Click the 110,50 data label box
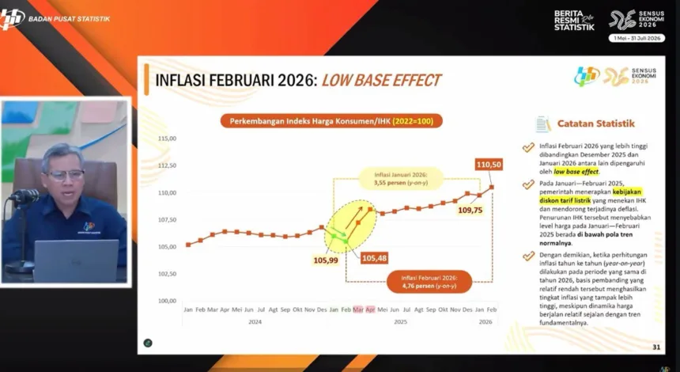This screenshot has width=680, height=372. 489,164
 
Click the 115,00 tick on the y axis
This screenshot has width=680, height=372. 167,138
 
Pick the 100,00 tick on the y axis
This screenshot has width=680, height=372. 167,301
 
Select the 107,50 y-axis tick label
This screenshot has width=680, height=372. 167,219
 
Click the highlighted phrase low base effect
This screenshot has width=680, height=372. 576,171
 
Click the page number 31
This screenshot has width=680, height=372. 656,347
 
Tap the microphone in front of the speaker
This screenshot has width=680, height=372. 25,195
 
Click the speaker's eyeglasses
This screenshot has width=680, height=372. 66,175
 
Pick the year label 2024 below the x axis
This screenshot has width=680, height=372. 255,322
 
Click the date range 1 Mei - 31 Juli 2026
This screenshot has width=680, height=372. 637,38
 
